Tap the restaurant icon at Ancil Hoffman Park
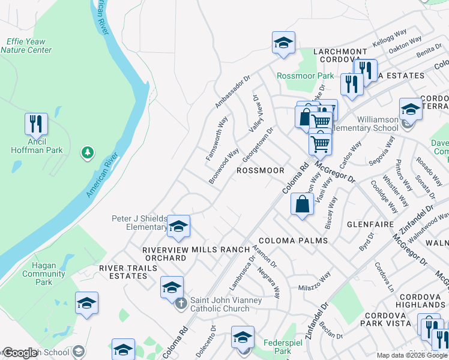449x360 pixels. pos(36,124)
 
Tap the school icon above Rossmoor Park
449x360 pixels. pos(283,43)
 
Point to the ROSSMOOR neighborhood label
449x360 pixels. pos(260,170)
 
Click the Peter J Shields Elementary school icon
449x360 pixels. pos(178,226)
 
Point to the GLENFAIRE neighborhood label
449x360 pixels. pos(370,224)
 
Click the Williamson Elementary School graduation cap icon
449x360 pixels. pos(411,109)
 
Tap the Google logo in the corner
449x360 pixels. pos(20,353)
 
